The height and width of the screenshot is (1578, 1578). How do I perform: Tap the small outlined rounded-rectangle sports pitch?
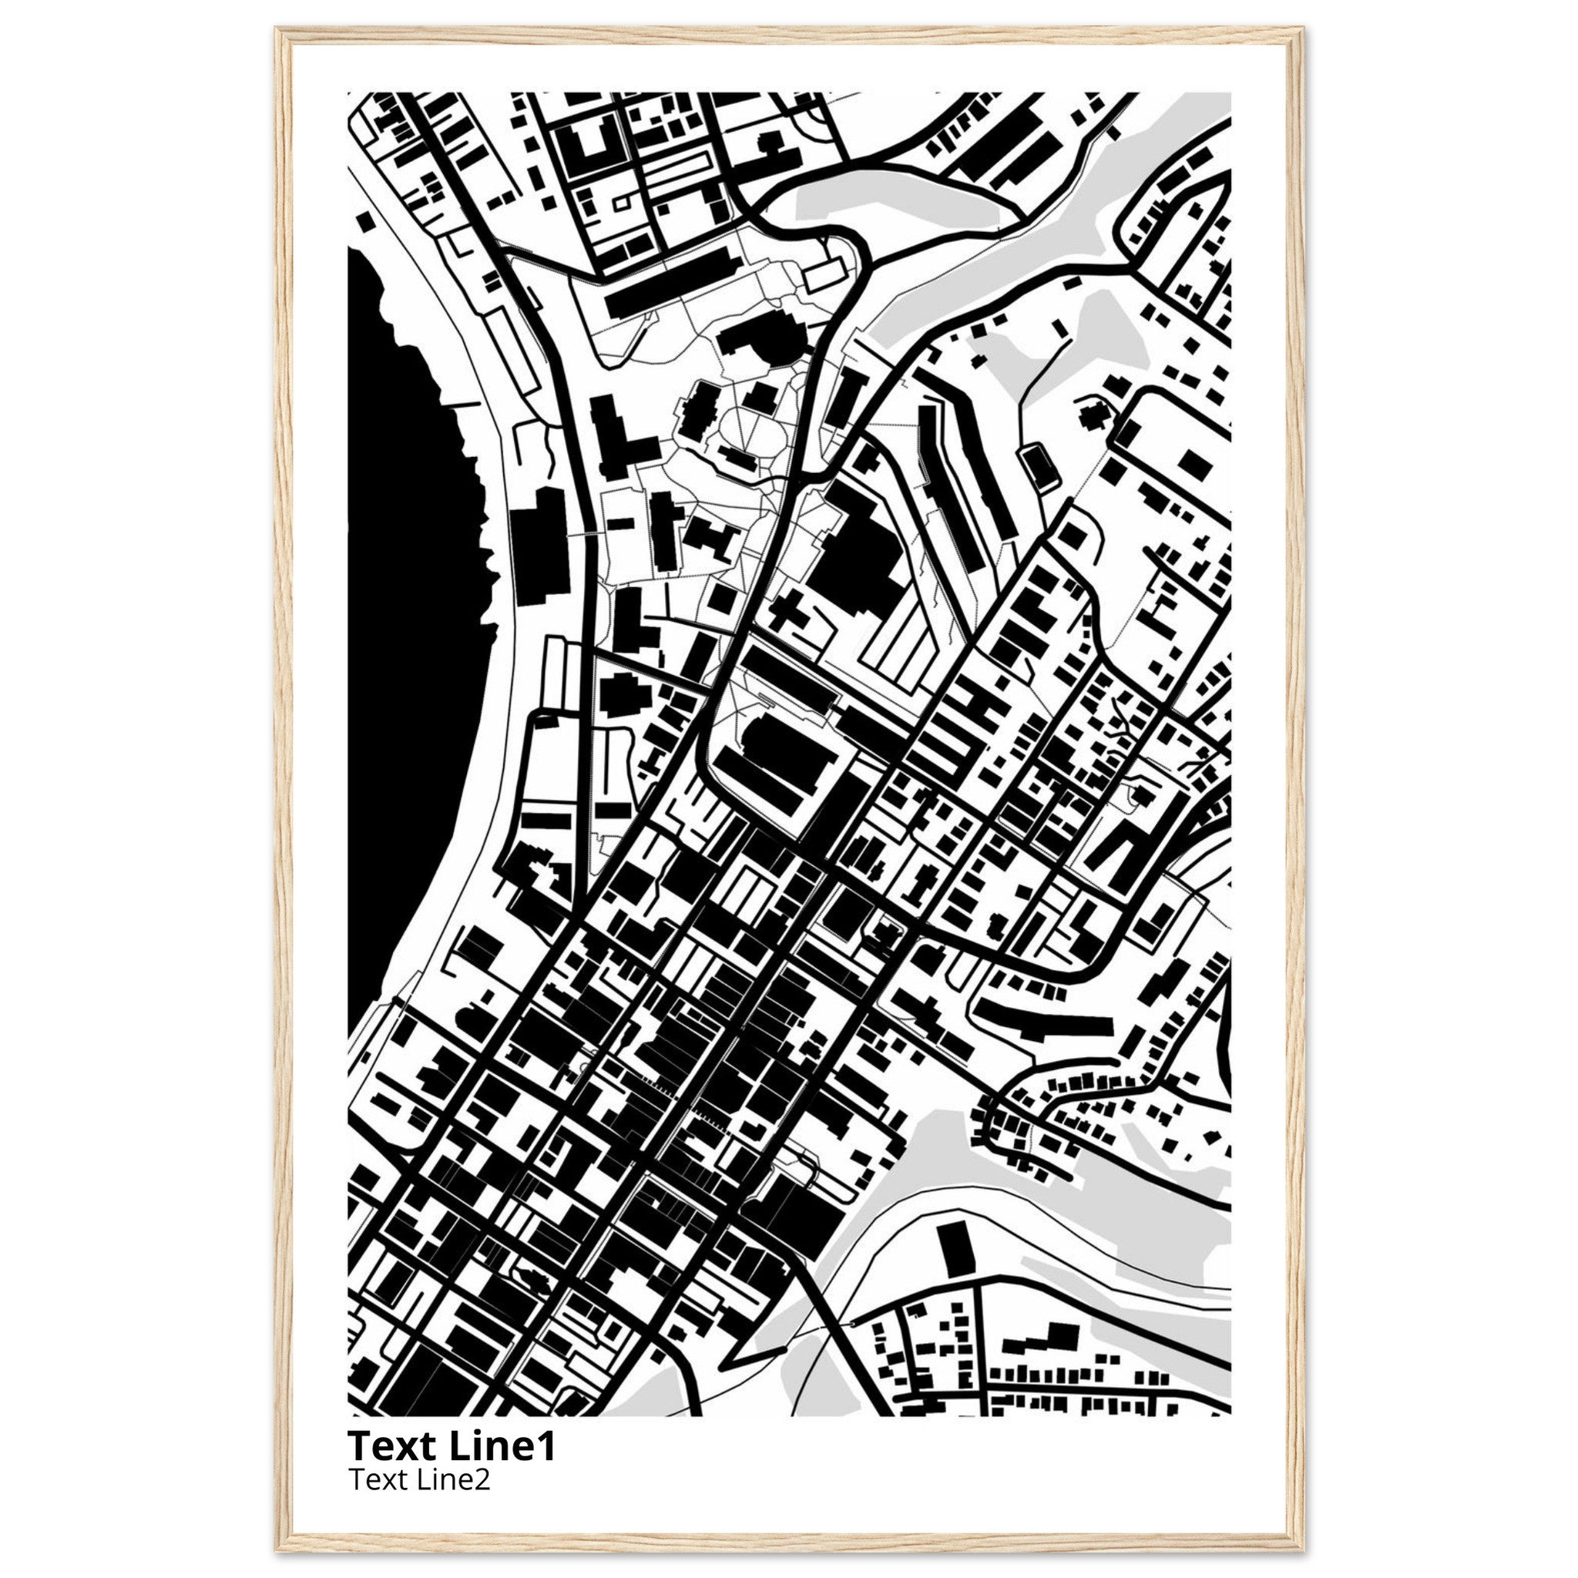click(1038, 466)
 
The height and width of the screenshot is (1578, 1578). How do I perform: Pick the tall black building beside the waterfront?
click(539, 547)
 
